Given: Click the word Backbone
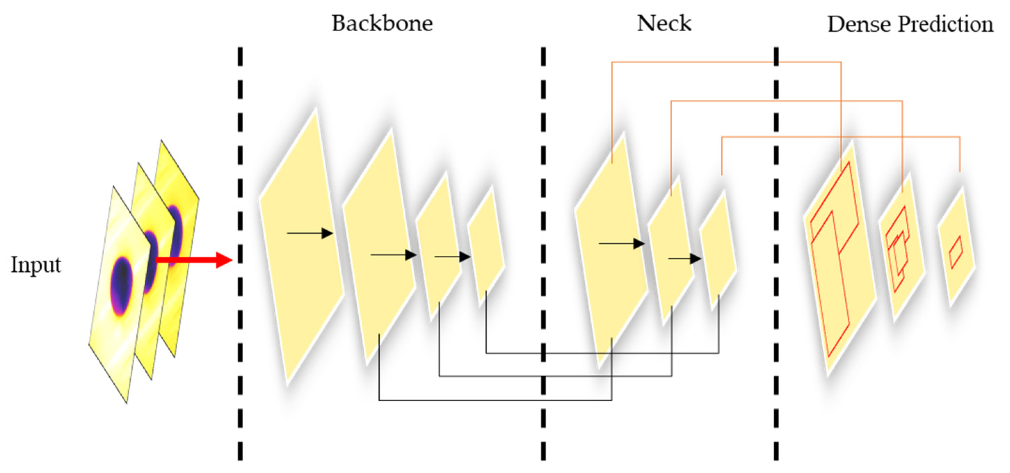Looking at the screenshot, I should click(x=382, y=24).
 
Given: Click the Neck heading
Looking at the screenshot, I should click(x=664, y=24).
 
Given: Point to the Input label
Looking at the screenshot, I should click(x=36, y=265).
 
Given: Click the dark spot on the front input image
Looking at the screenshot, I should click(x=122, y=286).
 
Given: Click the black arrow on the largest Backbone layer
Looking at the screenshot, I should click(x=310, y=233).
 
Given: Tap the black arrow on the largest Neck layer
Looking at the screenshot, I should click(x=621, y=243).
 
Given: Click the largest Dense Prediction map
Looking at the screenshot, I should click(x=839, y=259).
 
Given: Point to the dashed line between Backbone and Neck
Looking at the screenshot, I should click(x=543, y=251).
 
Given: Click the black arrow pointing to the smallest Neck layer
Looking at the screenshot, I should click(x=685, y=258).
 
